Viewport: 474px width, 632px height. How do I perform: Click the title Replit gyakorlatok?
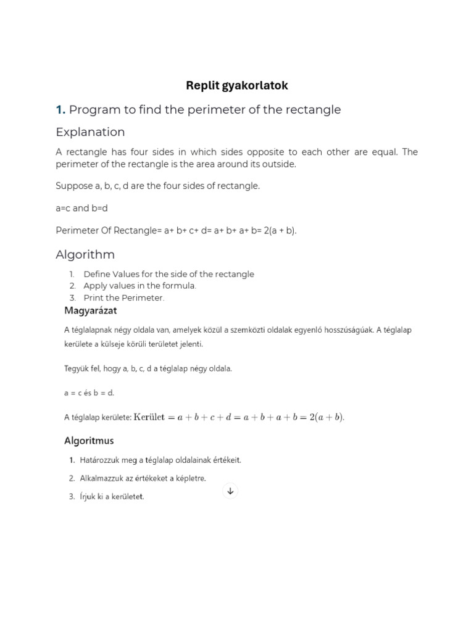237,86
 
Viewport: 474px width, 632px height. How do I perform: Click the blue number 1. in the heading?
60,110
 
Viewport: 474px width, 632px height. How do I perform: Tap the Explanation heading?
90,132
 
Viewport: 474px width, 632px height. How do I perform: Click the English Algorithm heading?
85,254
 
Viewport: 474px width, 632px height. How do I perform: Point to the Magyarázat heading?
91,310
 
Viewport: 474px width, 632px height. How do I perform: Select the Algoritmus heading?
89,441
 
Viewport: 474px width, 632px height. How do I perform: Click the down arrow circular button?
230,491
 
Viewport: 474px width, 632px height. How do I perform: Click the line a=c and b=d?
81,208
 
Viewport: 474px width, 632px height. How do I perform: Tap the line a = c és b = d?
89,393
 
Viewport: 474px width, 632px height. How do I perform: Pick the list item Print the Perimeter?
124,297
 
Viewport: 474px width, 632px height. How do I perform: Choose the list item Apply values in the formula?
139,286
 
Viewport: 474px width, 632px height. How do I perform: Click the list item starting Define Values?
168,274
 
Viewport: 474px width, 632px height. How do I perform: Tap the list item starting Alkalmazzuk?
142,478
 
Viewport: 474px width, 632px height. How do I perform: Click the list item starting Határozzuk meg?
160,460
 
